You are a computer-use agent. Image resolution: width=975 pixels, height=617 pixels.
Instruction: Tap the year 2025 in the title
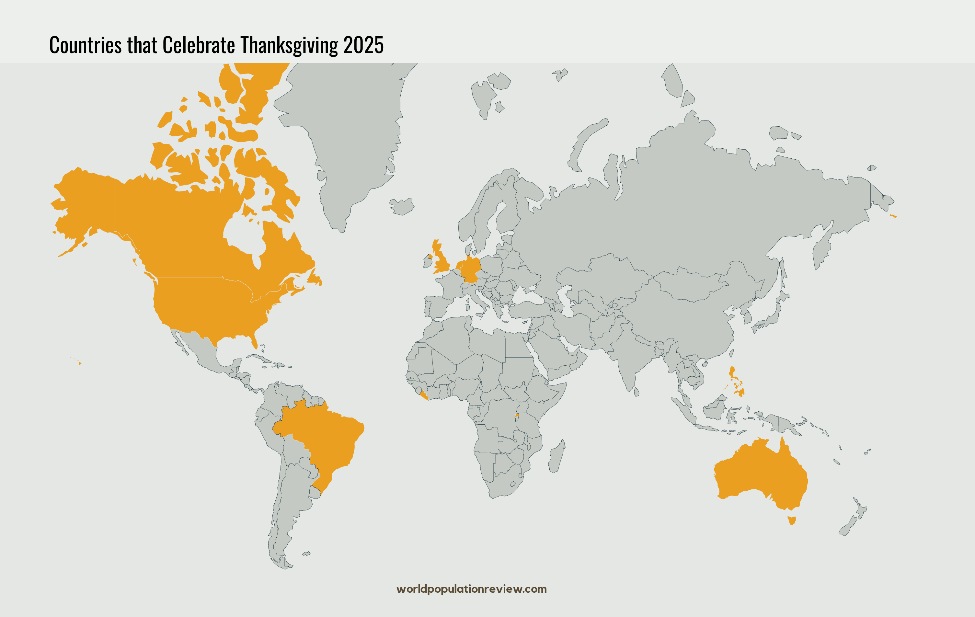pos(363,45)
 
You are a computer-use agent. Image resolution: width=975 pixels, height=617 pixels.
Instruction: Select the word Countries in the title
pos(85,45)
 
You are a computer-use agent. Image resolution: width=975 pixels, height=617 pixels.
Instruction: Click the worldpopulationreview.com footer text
pos(471,589)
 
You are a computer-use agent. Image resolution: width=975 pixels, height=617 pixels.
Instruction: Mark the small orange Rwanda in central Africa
pos(517,415)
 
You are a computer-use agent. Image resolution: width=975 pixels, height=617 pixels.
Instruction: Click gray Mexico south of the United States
pos(202,352)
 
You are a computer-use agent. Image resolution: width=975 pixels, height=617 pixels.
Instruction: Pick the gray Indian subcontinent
pos(625,356)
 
